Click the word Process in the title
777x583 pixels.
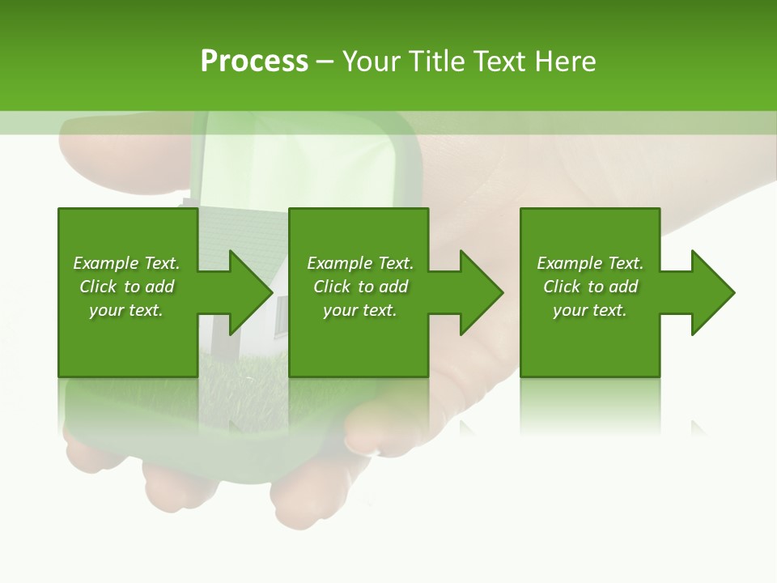click(x=254, y=62)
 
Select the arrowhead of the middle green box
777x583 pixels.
click(x=480, y=292)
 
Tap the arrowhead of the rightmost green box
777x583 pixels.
click(x=711, y=292)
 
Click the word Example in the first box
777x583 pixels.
click(x=105, y=263)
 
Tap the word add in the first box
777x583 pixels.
click(x=159, y=287)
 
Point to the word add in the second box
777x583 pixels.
click(x=393, y=287)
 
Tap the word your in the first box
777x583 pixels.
click(x=106, y=310)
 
